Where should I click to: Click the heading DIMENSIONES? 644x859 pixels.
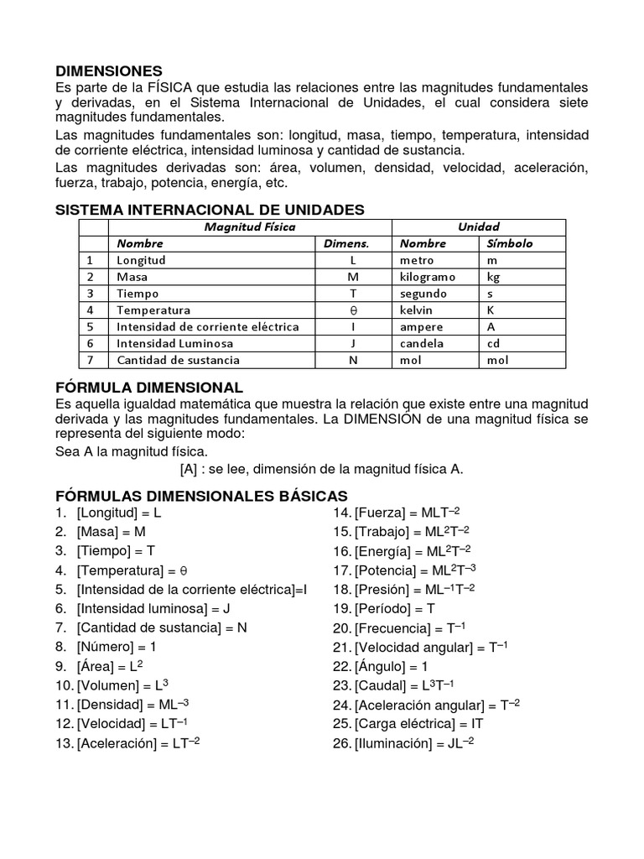[109, 71]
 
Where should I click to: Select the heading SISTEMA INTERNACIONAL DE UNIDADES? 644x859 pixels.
[210, 209]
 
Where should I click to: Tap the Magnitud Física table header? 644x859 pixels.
[250, 226]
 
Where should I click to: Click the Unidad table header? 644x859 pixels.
[478, 226]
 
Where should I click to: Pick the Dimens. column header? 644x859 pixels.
[346, 243]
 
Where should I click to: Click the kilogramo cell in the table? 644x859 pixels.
[428, 277]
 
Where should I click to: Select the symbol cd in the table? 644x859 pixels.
[494, 343]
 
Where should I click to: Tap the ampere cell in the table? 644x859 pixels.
[421, 326]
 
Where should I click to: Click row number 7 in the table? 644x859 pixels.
[91, 360]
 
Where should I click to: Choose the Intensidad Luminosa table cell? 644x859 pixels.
[175, 343]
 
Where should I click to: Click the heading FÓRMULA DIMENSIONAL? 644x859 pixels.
[149, 388]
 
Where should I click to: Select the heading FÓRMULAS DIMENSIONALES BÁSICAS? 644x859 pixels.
[201, 496]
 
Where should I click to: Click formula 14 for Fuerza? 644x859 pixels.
[397, 513]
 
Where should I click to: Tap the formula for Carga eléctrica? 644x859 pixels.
[408, 723]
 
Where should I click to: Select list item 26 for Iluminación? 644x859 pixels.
[403, 742]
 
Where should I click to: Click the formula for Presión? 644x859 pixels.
[404, 589]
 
